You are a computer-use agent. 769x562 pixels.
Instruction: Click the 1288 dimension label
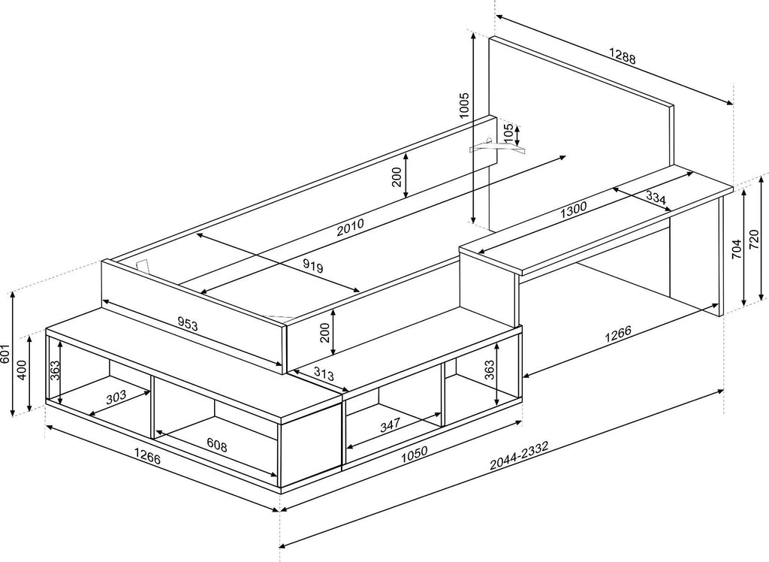622,56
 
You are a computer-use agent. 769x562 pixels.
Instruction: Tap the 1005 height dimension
464,104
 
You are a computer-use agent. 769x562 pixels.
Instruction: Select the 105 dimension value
508,134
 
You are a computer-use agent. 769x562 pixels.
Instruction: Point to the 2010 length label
350,227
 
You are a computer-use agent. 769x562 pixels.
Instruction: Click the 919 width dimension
312,266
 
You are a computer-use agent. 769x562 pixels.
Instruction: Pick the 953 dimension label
187,324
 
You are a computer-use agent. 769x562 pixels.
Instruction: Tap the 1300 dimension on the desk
573,210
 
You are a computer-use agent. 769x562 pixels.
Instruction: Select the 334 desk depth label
656,198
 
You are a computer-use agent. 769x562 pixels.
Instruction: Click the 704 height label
736,249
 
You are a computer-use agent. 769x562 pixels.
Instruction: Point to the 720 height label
755,240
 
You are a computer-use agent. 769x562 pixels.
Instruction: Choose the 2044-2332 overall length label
519,455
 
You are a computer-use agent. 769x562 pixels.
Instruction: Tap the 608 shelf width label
217,446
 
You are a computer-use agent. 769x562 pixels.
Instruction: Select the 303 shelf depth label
116,397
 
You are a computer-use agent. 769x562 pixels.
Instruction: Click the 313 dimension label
324,374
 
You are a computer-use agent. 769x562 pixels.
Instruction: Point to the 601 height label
5,353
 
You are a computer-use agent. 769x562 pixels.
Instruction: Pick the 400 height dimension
22,370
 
